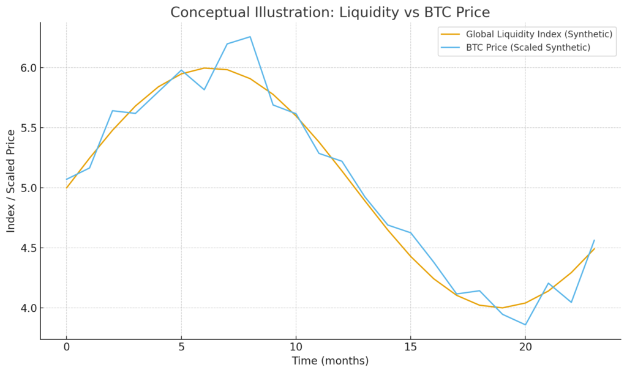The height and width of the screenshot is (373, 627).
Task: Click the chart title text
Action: [x=330, y=12]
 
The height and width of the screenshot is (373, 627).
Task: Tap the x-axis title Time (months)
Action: [x=330, y=361]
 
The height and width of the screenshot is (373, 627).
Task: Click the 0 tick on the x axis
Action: [x=66, y=347]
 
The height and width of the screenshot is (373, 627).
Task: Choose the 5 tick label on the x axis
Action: [x=181, y=347]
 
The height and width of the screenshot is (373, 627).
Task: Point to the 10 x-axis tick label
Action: [x=296, y=347]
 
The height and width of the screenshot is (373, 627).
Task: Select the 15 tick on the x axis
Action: [x=410, y=347]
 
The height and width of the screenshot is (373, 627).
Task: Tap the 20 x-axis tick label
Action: [x=525, y=347]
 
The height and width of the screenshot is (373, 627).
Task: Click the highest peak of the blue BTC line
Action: [x=250, y=37]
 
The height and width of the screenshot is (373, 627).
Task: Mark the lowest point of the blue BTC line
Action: [x=525, y=325]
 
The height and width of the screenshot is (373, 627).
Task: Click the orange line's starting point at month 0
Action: [x=66, y=188]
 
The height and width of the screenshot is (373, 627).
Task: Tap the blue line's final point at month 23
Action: [x=594, y=240]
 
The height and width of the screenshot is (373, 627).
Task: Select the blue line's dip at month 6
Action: [x=204, y=90]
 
